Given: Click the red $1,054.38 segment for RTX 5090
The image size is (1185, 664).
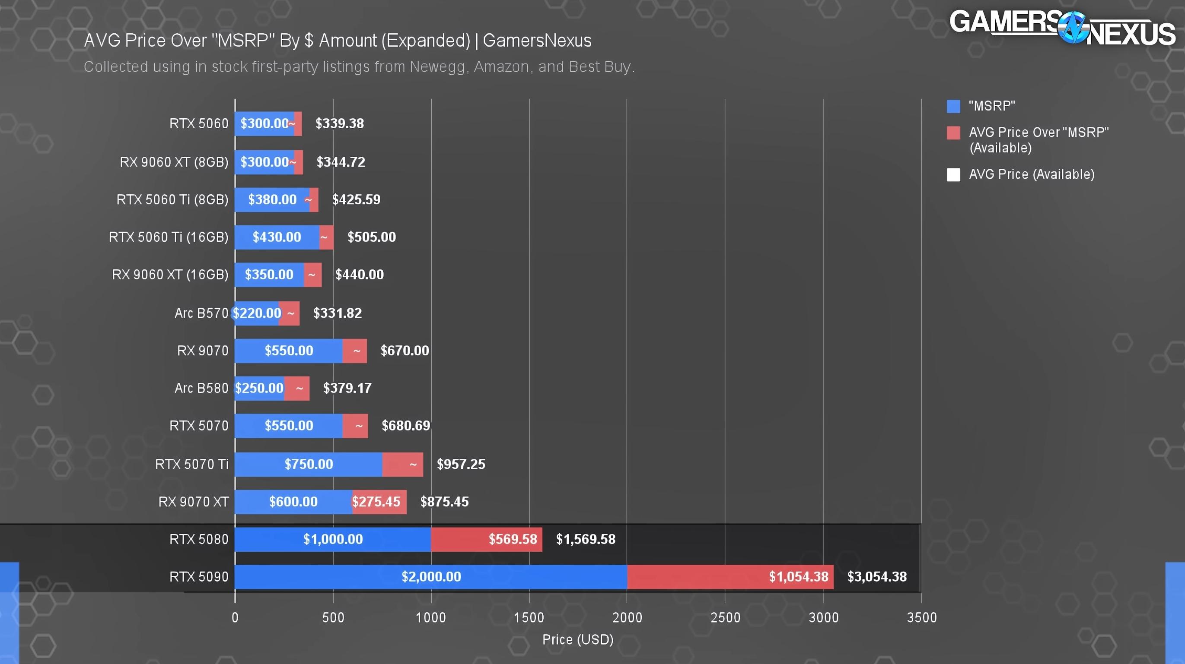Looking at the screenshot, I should tap(730, 577).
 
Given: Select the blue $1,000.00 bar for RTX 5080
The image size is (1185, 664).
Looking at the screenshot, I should tap(333, 539).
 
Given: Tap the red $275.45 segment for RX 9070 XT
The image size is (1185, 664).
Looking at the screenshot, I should tap(379, 501).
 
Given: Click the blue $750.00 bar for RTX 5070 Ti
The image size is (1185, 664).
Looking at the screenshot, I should tap(308, 464).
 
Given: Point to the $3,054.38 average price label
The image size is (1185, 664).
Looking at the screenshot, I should tap(877, 577).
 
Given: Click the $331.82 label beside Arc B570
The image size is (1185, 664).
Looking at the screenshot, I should tap(337, 313).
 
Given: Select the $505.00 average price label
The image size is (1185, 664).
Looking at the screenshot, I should tap(371, 237).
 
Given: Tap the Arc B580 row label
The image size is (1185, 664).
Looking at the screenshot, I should tap(201, 388).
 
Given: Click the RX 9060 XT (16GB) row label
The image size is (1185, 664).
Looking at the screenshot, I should tap(170, 275).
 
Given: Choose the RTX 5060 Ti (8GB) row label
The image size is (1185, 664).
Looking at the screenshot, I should tap(172, 199).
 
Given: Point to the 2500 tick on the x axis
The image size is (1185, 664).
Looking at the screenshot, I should tap(725, 617).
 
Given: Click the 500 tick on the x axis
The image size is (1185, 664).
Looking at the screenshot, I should tap(333, 617).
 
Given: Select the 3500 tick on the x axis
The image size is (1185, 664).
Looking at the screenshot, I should tap(921, 617).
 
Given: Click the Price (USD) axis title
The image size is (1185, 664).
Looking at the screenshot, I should tap(578, 640).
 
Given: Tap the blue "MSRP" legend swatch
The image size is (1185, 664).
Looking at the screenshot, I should tap(953, 106).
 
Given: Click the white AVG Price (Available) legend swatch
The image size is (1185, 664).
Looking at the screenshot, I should tap(953, 174).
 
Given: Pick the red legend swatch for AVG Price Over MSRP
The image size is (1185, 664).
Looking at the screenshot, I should tap(953, 133).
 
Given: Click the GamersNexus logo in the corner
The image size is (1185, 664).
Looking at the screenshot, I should tap(1062, 28).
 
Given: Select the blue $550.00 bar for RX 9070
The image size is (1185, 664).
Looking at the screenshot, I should tap(288, 351).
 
